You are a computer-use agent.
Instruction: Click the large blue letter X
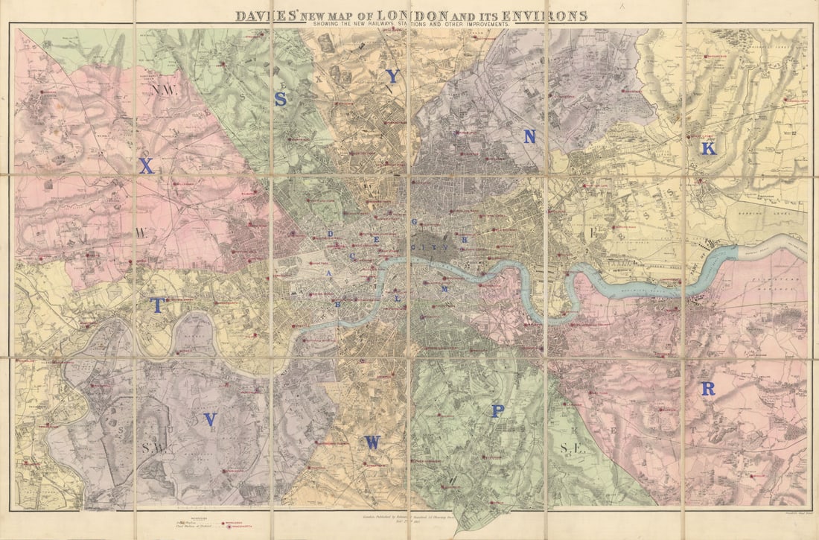[x=146, y=167]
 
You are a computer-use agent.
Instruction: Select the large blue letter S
[x=281, y=99]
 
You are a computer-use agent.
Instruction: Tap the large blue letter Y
[x=392, y=76]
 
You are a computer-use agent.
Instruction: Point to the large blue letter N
[x=529, y=136]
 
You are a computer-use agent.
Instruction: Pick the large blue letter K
[x=708, y=149]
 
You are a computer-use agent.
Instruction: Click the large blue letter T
[x=158, y=305]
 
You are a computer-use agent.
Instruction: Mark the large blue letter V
[x=210, y=420]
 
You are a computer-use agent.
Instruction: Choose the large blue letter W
[x=372, y=442]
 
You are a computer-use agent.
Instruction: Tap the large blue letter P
[x=497, y=411]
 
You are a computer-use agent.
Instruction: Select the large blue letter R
[x=707, y=389]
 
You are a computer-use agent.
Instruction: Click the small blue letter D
[x=330, y=234]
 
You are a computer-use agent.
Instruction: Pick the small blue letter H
[x=465, y=240]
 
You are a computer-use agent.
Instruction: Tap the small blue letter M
[x=444, y=288]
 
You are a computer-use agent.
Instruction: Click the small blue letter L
[x=398, y=298]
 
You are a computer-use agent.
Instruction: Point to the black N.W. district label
[x=160, y=90]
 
